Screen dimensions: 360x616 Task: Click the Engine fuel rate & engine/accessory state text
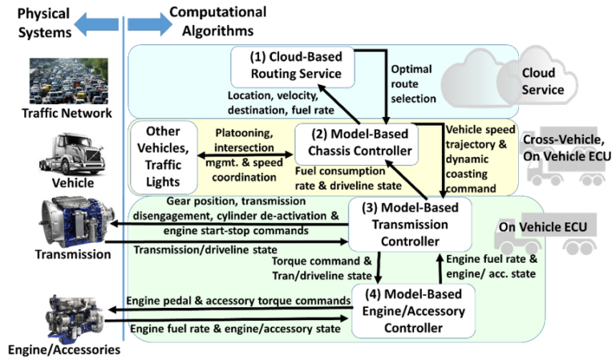coord(236,328)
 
